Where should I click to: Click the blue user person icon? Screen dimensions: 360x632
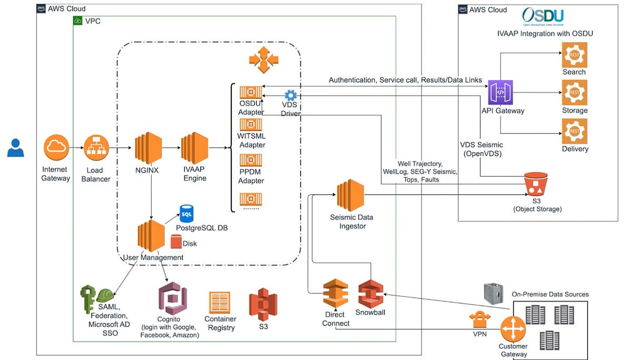(16, 148)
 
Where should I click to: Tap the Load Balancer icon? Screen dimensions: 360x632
(96, 148)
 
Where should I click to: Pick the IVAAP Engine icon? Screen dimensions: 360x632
(195, 149)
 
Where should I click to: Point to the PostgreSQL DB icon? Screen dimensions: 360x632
(186, 214)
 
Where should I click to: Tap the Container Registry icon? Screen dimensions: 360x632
(220, 302)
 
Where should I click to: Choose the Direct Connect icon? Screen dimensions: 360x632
(335, 294)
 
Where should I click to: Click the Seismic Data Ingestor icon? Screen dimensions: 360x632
(350, 195)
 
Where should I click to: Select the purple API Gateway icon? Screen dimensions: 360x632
(500, 93)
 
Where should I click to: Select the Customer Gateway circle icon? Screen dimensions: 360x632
(512, 329)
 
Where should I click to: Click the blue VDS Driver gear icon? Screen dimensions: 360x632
(290, 96)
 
